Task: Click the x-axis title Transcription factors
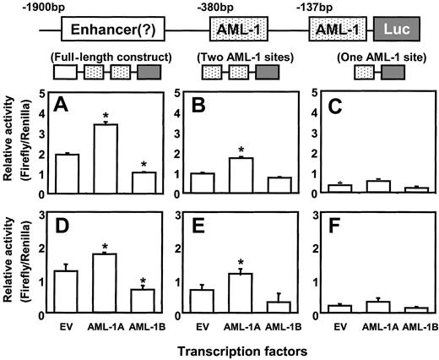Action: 242,348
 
